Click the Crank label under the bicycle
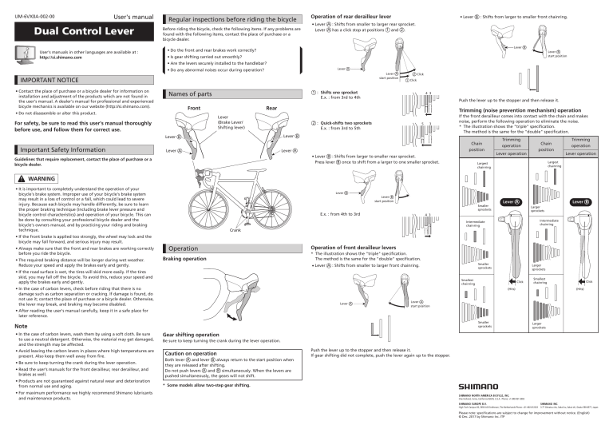coord(235,229)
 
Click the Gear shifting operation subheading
coord(195,334)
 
